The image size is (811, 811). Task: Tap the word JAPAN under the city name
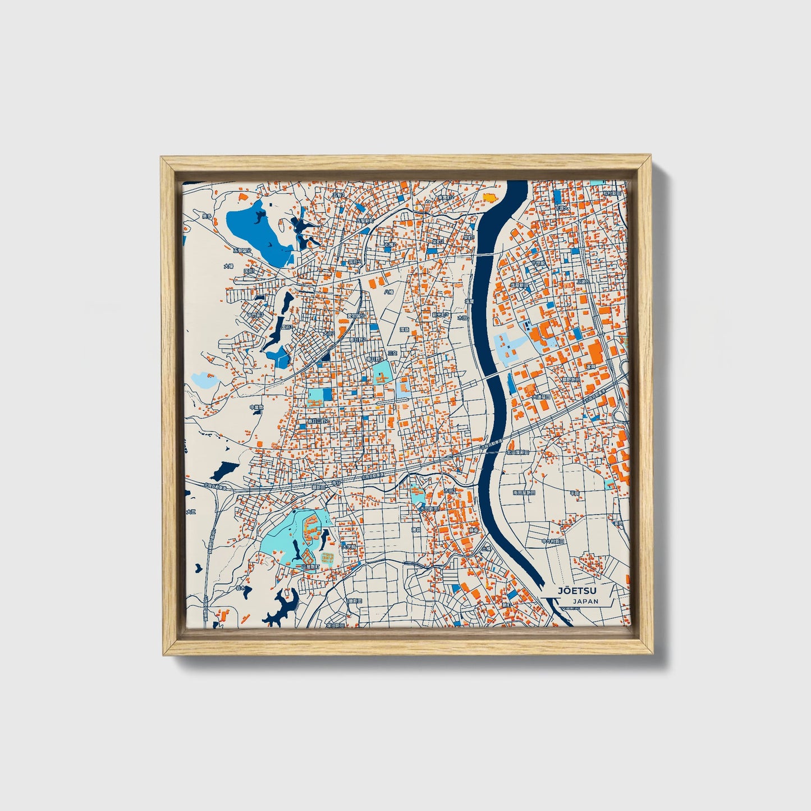pos(585,601)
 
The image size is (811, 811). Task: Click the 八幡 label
pos(389,292)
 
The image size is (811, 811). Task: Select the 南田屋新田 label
pos(524,492)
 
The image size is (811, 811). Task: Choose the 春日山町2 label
pos(318,421)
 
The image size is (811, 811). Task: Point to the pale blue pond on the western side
pos(204,381)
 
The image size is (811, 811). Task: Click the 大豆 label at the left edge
pos(191,511)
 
